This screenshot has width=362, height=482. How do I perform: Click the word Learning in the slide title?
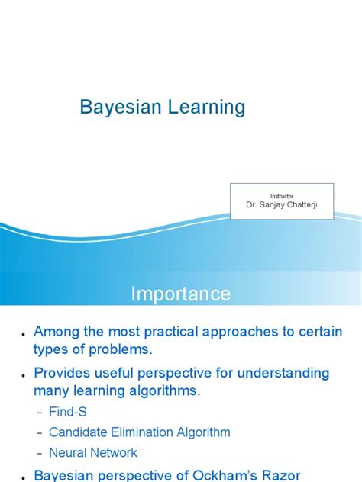tap(207, 108)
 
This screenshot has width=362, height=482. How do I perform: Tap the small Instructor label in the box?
tap(282, 196)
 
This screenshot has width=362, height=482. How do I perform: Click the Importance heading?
tap(180, 294)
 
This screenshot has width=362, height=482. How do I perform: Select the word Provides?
tap(64, 373)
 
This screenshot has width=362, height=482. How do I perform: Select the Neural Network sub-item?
tap(93, 452)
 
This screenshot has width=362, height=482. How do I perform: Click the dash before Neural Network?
tap(40, 453)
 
